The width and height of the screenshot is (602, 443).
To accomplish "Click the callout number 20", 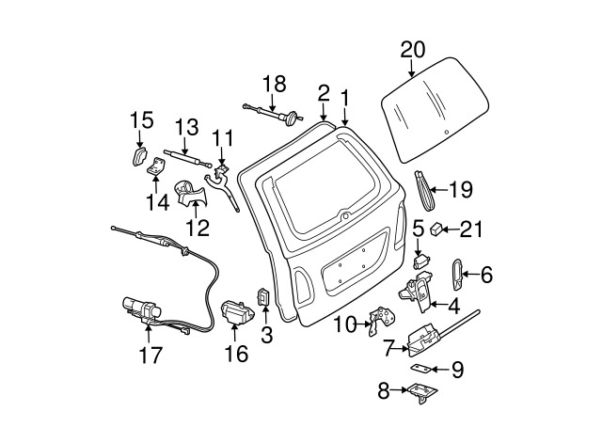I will (412, 48).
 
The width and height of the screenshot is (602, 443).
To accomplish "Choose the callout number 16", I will (236, 354).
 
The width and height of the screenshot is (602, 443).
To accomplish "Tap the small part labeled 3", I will (264, 298).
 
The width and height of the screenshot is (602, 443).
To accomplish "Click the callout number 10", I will (345, 325).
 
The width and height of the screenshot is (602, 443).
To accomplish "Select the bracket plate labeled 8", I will (420, 393).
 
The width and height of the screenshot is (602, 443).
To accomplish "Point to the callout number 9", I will (456, 369).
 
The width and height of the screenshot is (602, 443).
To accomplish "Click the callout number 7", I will (387, 348).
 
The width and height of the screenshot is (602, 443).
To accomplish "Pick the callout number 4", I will (453, 304).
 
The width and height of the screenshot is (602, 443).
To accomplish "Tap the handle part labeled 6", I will (456, 274).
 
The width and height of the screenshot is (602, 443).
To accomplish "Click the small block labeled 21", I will (438, 229).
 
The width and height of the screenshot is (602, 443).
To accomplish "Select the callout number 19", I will (460, 190).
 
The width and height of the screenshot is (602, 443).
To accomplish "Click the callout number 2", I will (323, 93).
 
